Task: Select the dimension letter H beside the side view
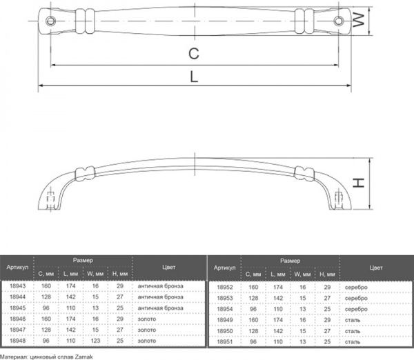[359, 183]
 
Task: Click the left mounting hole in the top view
[50, 21]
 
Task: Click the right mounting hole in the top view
[338, 21]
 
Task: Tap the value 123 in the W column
[94, 340]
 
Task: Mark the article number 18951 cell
[225, 340]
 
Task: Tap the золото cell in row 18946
[147, 319]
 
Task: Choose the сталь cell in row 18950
[352, 329]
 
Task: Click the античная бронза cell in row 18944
[161, 297]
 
